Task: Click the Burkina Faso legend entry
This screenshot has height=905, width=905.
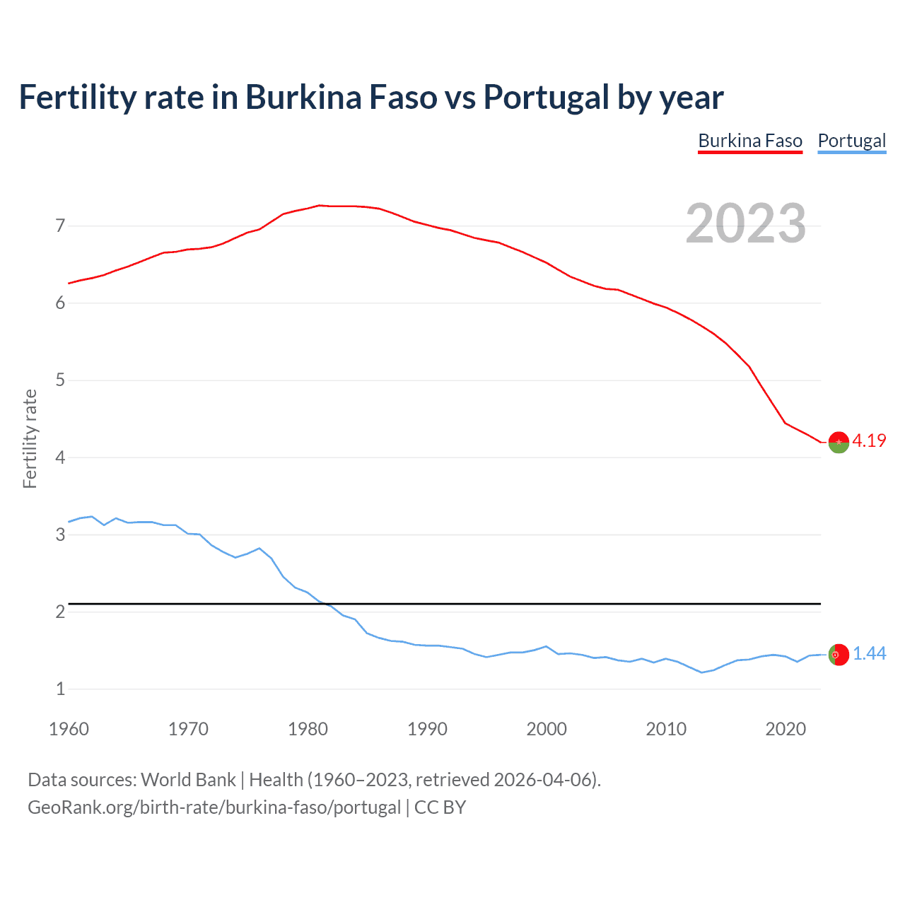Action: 750,141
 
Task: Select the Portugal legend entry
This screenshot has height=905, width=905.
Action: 851,141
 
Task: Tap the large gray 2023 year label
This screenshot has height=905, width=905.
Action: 746,223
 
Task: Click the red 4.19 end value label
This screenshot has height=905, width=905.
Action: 869,440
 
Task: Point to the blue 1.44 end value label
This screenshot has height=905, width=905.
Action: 869,654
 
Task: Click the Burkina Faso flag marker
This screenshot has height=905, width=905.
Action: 839,442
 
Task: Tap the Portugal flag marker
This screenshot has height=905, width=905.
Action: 839,655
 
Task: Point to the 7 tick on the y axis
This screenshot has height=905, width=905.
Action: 60,226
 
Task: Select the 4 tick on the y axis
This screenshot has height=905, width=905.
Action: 60,457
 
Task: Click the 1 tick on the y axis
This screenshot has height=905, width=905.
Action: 60,689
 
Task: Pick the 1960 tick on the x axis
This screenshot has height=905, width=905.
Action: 69,729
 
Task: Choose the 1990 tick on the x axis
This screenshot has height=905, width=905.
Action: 427,729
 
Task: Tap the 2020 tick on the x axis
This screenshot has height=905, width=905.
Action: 786,729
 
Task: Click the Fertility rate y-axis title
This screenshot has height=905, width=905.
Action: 30,438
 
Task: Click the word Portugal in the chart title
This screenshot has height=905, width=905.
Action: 546,97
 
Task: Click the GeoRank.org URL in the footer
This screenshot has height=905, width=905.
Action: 214,807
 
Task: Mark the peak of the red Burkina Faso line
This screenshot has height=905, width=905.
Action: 320,205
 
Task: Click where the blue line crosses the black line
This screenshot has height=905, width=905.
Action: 325,604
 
